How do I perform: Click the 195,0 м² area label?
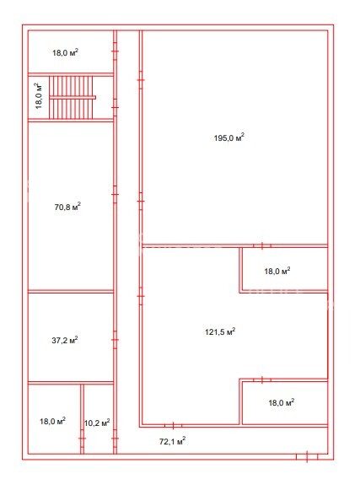click(x=229, y=137)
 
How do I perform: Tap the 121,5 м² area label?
click(x=220, y=331)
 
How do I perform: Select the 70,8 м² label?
click(x=67, y=207)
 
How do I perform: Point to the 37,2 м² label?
click(x=65, y=340)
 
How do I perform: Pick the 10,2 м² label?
click(x=97, y=423)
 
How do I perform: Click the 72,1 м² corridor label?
click(x=173, y=441)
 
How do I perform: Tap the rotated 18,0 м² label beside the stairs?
click(x=39, y=95)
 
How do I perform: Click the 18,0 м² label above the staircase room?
click(x=65, y=52)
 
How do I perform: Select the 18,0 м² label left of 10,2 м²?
click(x=52, y=421)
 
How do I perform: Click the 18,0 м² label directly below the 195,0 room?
click(x=277, y=271)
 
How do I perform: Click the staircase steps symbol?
click(x=73, y=98)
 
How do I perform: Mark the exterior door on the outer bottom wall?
click(x=307, y=457)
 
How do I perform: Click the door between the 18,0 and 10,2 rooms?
click(x=82, y=439)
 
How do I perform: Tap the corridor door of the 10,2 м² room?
click(x=115, y=439)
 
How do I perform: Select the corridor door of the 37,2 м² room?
click(x=115, y=340)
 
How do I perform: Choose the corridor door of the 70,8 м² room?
click(x=115, y=194)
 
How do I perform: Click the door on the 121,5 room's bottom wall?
click(x=173, y=425)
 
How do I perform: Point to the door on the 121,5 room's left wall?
click(x=141, y=296)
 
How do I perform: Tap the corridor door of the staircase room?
click(x=115, y=107)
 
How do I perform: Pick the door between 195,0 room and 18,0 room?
click(x=262, y=246)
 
